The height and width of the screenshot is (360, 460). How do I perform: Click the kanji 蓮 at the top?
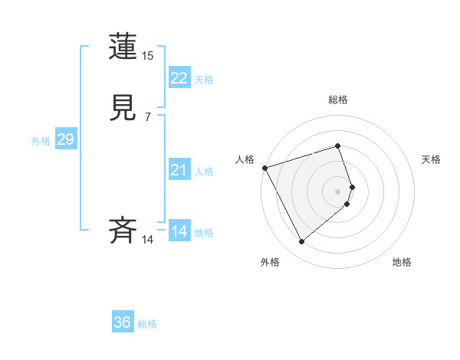click(x=123, y=47)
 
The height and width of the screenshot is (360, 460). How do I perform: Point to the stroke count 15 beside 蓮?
click(x=147, y=56)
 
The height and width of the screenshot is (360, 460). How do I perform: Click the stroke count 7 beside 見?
click(x=147, y=116)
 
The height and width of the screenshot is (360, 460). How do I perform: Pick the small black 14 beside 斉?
click(x=147, y=240)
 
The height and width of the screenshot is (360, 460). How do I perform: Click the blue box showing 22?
click(x=179, y=78)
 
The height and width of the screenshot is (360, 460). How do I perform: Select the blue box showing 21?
click(x=179, y=171)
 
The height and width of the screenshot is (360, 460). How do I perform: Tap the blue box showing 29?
click(x=65, y=139)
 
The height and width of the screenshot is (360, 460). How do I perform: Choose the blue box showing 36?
click(x=123, y=322)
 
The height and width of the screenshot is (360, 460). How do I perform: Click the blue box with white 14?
click(x=179, y=231)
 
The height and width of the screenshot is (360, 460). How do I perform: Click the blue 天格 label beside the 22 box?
click(x=204, y=80)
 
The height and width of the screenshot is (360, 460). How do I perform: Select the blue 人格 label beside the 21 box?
click(x=205, y=172)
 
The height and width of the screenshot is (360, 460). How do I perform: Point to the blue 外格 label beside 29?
click(x=41, y=141)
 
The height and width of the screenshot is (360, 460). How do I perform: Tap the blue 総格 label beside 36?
click(x=147, y=324)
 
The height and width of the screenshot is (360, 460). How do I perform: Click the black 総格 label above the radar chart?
click(x=338, y=100)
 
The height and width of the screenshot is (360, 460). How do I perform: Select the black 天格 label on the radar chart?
click(x=432, y=159)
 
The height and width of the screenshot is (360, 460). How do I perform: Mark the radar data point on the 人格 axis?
click(x=264, y=168)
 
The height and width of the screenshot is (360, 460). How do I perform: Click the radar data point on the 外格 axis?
click(x=302, y=242)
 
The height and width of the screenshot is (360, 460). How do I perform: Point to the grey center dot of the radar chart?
click(x=338, y=191)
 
